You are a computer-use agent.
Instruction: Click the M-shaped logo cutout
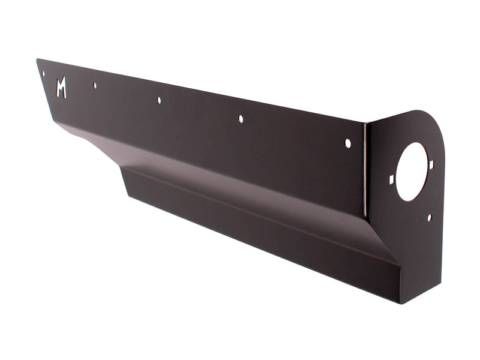61,88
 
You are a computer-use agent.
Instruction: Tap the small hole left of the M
43,74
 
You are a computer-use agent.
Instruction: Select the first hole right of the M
95,85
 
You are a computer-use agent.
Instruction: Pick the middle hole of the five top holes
159,100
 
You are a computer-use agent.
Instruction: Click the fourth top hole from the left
241,119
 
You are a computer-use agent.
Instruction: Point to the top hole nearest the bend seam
347,143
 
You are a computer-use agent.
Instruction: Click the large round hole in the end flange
412,171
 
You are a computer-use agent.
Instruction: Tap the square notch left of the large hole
392,179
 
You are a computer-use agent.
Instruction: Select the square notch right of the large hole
431,164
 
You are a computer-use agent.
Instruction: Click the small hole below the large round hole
429,217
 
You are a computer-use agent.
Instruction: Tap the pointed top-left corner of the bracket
37,59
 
